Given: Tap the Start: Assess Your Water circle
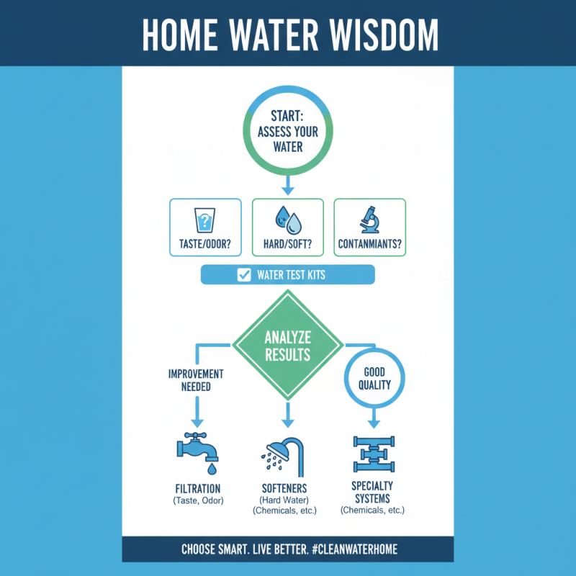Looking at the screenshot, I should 288,133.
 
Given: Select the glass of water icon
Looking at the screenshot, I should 205,219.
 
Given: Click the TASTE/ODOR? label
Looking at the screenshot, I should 205,243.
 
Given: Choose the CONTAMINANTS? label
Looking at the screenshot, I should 370,243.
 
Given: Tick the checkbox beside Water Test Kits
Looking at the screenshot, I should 243,274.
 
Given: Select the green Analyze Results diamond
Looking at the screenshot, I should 287,345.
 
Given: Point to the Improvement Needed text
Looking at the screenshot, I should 196,379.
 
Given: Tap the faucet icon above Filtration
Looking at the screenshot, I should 198,453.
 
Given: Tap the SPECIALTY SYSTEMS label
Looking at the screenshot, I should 372,491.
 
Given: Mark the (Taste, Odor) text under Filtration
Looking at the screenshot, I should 199,500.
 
